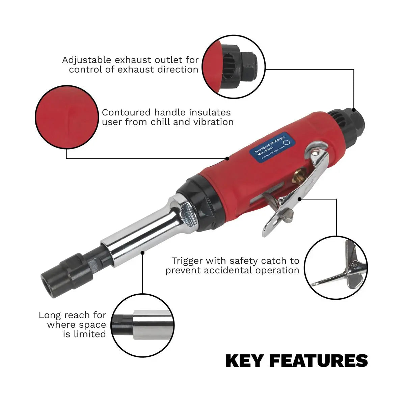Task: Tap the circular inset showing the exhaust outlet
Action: (234, 67)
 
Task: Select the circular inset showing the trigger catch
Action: (335, 267)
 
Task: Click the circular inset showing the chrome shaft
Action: (142, 325)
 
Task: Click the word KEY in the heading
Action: (244, 361)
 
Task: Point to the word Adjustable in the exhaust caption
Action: (86, 60)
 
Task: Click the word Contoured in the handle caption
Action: (127, 112)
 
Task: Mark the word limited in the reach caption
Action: (89, 334)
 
